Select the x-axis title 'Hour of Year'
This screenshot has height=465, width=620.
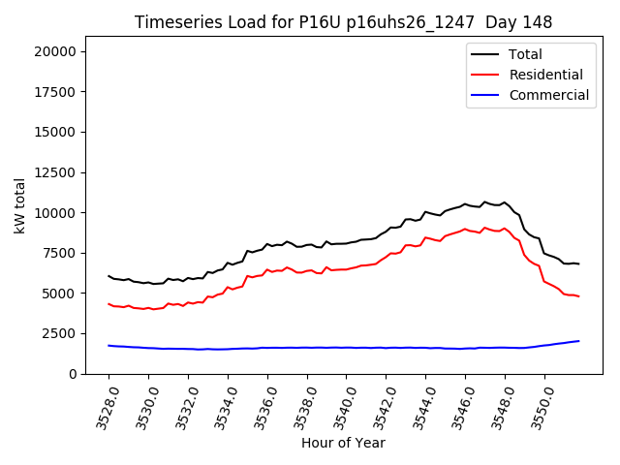pos(343,443)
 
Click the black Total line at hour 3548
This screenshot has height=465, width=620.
pos(505,202)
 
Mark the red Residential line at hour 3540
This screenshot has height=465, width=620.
pos(346,268)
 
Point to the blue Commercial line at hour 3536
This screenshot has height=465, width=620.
pos(267,348)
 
